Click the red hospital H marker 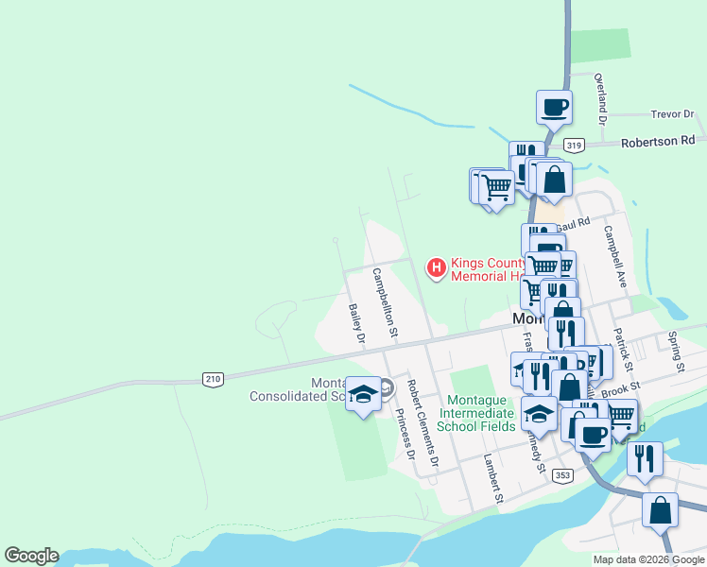[437, 269]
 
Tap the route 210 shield [213, 379]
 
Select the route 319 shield [574, 146]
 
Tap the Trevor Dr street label [673, 114]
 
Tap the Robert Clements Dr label [422, 423]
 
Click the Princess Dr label [405, 434]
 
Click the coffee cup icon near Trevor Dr [554, 106]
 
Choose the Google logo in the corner [31, 556]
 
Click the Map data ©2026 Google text [647, 559]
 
